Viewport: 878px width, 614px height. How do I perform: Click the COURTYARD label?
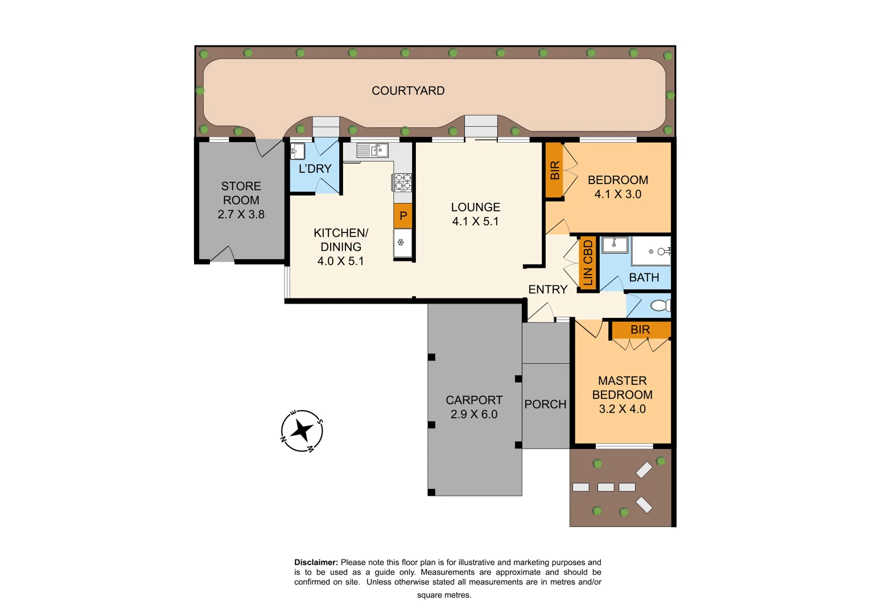[x=408, y=91]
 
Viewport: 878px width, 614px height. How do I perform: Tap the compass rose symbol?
[x=302, y=431]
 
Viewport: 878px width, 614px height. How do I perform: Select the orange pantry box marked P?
[x=403, y=216]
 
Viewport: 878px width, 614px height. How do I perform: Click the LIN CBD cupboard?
[x=588, y=263]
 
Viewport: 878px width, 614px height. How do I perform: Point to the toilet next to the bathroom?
[x=660, y=306]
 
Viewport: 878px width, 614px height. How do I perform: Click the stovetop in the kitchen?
[x=403, y=182]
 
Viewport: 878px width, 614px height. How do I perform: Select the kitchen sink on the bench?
[x=373, y=151]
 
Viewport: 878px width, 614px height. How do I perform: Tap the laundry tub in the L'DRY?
[x=298, y=151]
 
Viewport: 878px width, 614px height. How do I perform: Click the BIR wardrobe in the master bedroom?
[x=641, y=330]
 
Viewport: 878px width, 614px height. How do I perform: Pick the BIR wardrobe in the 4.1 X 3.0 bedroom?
[x=555, y=171]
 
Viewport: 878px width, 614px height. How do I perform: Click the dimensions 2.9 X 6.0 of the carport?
[x=474, y=414]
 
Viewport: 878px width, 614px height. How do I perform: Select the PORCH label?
[x=545, y=404]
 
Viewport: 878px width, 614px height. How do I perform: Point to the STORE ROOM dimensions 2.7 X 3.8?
[x=241, y=214]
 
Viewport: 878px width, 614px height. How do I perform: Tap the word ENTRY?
[x=547, y=289]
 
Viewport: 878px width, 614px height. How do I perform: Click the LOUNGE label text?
[x=476, y=208]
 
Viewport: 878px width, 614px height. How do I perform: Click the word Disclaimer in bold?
[x=316, y=562]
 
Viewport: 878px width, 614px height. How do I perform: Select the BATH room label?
[x=644, y=277]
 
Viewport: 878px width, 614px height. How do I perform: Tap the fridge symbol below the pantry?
[x=402, y=243]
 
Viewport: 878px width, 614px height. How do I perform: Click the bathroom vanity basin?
[x=615, y=245]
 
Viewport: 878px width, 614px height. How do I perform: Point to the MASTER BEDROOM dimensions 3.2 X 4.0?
[x=622, y=409]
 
